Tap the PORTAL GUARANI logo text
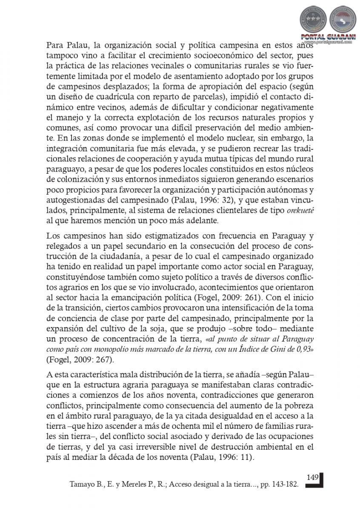[x=325, y=37]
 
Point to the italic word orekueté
[x=302, y=212]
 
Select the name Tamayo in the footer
[x=81, y=484]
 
